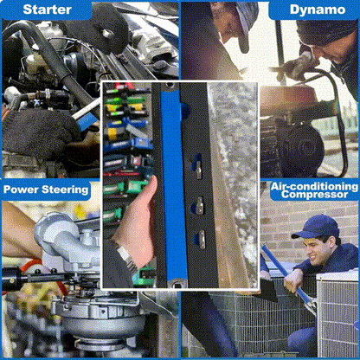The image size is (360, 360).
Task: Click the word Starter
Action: coord(47,10)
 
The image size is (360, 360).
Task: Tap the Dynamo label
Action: coord(318,10)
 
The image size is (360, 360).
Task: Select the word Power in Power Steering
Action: coord(21,190)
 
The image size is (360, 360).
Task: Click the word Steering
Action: coord(65,190)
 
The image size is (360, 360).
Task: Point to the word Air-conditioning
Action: coord(314,186)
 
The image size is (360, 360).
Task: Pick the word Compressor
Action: coord(314,194)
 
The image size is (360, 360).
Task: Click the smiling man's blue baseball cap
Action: coord(317,227)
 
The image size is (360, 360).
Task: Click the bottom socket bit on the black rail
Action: coord(201,239)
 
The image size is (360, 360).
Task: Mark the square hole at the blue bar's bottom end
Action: coord(177,286)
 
